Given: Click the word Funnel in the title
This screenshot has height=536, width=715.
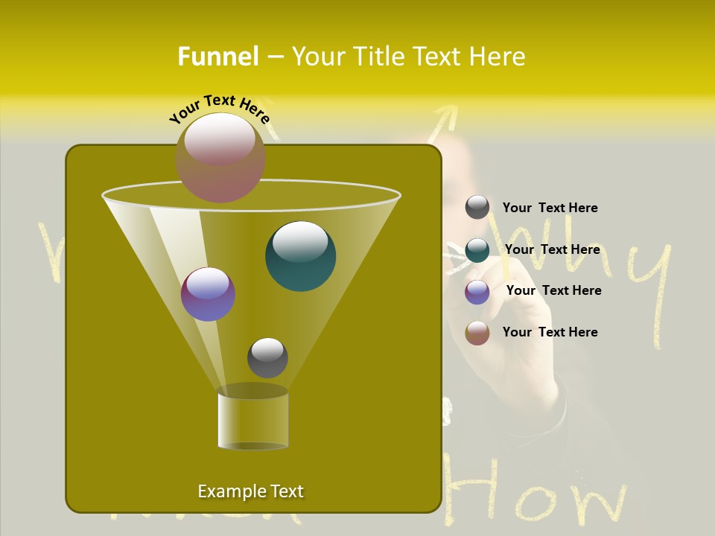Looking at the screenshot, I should (218, 57).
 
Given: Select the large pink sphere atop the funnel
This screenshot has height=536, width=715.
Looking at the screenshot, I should (220, 157).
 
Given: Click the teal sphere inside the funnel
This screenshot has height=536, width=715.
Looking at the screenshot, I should (301, 255).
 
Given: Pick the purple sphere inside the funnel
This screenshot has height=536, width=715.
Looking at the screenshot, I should (208, 294).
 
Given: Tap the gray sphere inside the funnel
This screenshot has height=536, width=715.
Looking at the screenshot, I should (267, 357).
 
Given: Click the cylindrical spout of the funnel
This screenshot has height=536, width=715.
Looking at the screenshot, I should (253, 421).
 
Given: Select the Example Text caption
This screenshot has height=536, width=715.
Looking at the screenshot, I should (251, 491).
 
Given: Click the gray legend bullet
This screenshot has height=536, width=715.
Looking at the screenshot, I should (477, 208).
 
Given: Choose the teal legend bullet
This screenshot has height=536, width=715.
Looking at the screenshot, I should (477, 250).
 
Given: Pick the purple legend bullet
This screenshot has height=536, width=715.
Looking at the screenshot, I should (477, 292).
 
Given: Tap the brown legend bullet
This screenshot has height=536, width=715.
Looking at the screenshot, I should (477, 333).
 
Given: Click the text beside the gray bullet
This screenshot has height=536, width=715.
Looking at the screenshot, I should (550, 208).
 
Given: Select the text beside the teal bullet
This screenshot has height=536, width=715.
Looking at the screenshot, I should (552, 249).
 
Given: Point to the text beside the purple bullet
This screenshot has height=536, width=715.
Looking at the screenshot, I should (553, 290).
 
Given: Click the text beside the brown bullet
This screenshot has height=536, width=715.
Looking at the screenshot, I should (550, 332).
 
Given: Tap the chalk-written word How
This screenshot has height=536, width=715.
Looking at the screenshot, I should (536, 491).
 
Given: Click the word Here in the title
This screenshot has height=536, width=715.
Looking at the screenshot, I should (499, 57).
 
